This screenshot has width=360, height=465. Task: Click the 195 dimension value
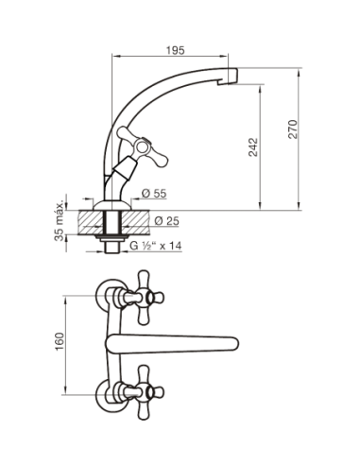176,50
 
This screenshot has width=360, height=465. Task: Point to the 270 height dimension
293,129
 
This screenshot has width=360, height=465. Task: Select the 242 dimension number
253,146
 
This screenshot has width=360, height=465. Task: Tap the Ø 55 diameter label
154,193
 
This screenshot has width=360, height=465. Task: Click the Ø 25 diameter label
166,221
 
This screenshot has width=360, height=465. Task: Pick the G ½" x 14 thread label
156,246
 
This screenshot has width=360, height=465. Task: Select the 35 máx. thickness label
59,217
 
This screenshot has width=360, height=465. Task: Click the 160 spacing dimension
60,342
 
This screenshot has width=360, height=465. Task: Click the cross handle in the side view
142,146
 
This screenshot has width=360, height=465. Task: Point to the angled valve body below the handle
125,169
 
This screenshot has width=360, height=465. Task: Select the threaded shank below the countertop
111,247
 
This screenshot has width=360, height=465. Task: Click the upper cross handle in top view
147,298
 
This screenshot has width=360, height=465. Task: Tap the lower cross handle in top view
147,392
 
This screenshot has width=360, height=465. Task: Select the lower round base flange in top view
107,395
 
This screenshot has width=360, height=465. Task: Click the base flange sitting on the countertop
111,205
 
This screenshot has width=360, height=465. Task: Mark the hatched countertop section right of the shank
135,222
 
